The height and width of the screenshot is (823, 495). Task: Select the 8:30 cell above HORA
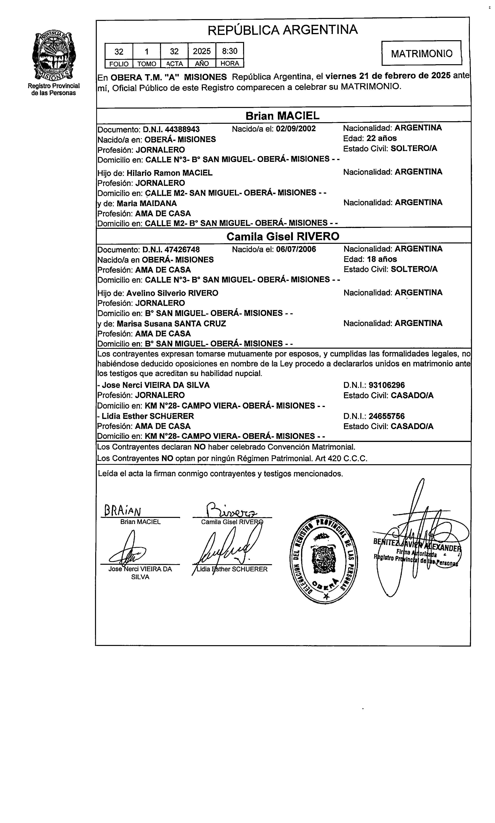tap(230, 51)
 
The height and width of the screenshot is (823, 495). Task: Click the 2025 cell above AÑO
tap(202, 51)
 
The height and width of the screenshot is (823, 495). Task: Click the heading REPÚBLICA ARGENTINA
tap(283, 30)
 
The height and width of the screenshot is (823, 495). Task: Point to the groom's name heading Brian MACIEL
tap(283, 116)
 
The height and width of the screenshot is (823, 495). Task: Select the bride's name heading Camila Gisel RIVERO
tap(283, 236)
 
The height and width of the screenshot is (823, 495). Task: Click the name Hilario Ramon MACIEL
tap(169, 173)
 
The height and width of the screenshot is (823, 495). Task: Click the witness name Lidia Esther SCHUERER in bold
tap(148, 416)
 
